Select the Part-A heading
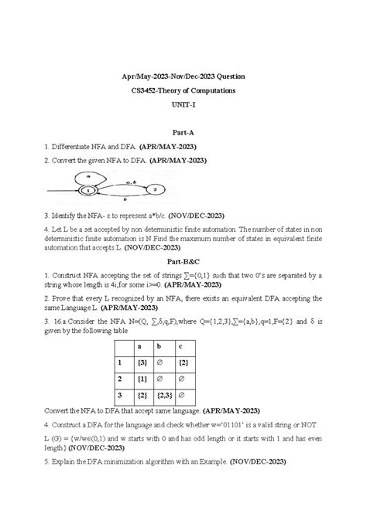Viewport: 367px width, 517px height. pyautogui.click(x=183, y=132)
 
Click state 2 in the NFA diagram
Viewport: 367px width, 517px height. pyautogui.click(x=155, y=188)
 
